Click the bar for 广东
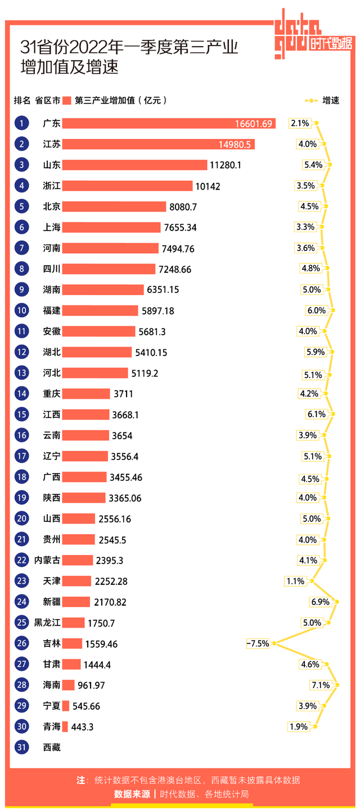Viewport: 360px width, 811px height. click(x=169, y=123)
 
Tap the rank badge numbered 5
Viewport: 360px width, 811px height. click(x=22, y=206)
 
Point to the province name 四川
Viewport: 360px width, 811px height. click(x=52, y=269)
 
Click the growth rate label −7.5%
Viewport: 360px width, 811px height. click(x=258, y=643)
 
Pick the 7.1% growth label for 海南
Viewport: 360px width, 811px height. click(x=320, y=685)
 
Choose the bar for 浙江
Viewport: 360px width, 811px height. click(x=127, y=186)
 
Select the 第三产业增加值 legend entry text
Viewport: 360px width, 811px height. click(x=120, y=101)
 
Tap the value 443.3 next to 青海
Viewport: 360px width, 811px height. click(x=82, y=727)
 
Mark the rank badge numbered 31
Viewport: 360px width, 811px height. click(x=22, y=747)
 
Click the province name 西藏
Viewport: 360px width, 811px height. click(x=52, y=747)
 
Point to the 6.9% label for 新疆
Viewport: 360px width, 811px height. click(x=320, y=602)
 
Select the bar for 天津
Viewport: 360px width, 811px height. click(x=76, y=581)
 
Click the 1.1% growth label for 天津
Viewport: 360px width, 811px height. click(x=295, y=582)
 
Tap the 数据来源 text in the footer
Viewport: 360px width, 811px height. click(x=132, y=794)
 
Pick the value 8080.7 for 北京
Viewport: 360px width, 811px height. click(x=183, y=207)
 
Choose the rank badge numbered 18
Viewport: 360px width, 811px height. click(x=22, y=477)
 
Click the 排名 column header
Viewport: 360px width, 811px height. click(x=22, y=101)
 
